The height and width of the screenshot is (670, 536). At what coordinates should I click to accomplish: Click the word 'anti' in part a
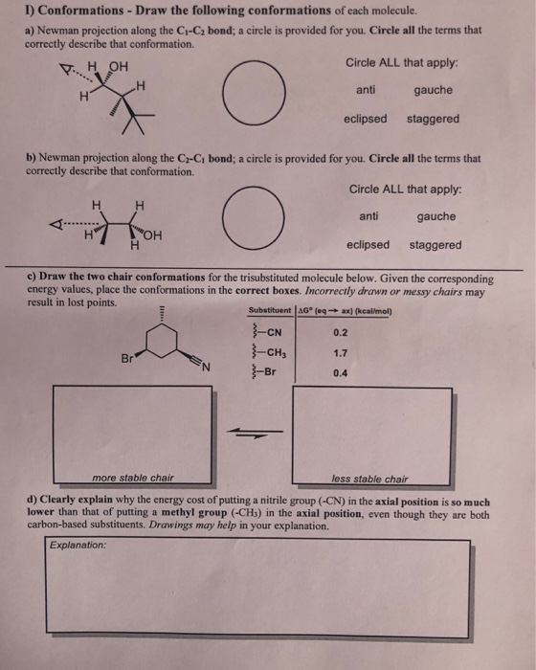click(366, 92)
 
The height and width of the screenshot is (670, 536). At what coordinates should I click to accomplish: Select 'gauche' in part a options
click(434, 92)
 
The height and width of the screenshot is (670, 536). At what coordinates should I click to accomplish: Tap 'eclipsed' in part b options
click(368, 245)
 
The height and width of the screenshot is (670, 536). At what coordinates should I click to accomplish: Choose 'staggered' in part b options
click(435, 245)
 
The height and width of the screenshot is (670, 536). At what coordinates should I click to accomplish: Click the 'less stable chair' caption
click(369, 478)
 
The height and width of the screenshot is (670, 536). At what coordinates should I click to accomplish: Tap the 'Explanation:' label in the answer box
click(79, 546)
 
